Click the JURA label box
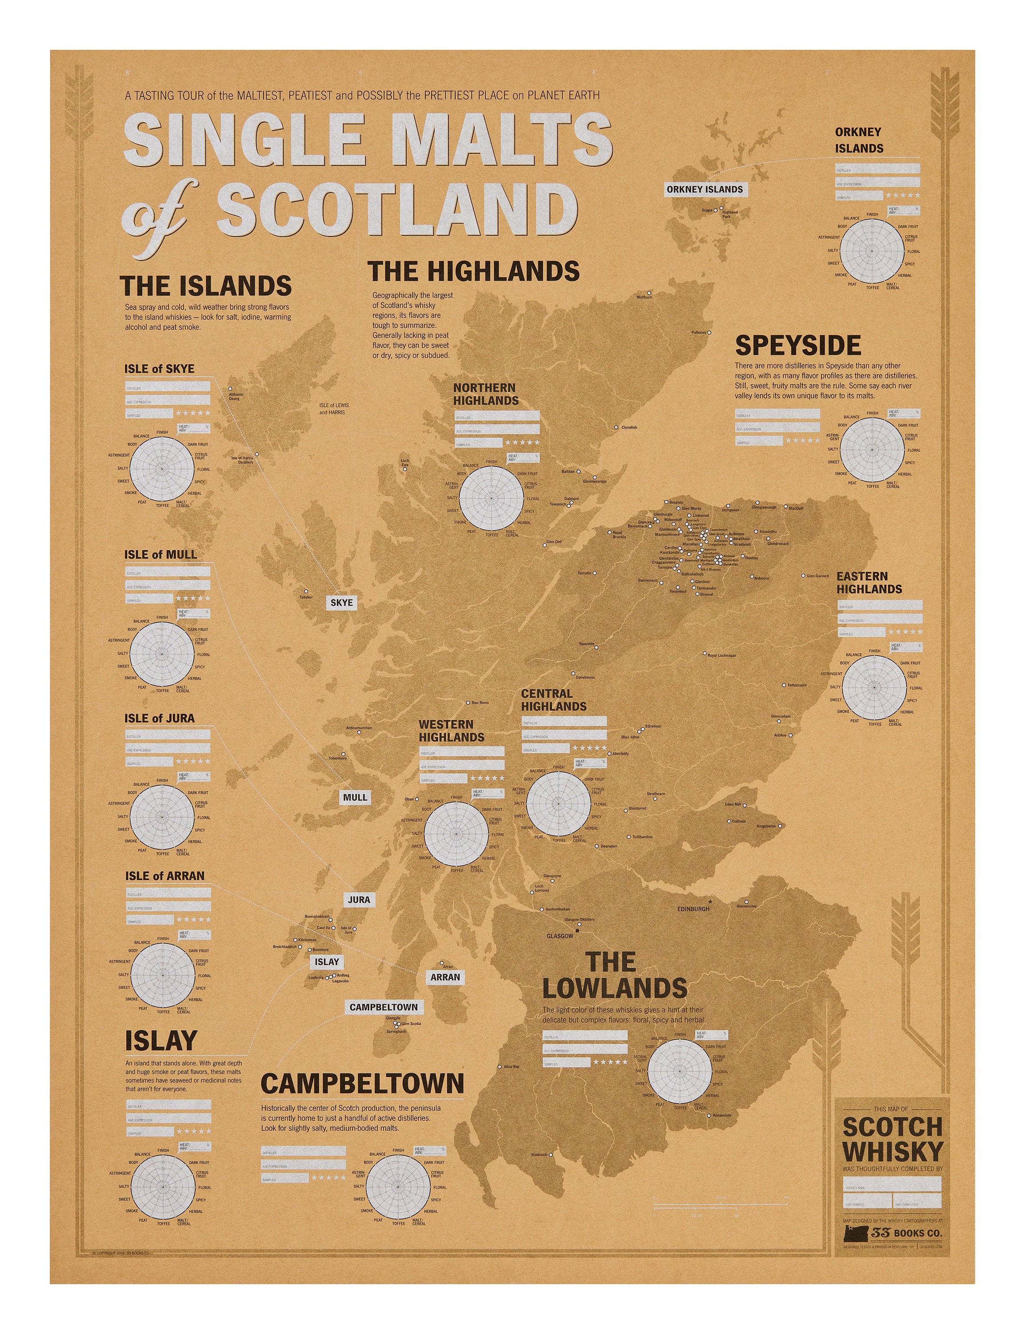(x=359, y=900)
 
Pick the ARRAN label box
(x=445, y=977)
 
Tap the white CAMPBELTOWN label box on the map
(x=383, y=1007)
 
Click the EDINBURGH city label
(x=693, y=908)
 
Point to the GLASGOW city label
(x=560, y=936)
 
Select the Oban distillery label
(x=409, y=800)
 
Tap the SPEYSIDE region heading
(x=797, y=346)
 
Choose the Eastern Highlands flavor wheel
(x=874, y=687)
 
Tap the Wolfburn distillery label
(x=644, y=297)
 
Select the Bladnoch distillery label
(x=539, y=1155)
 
